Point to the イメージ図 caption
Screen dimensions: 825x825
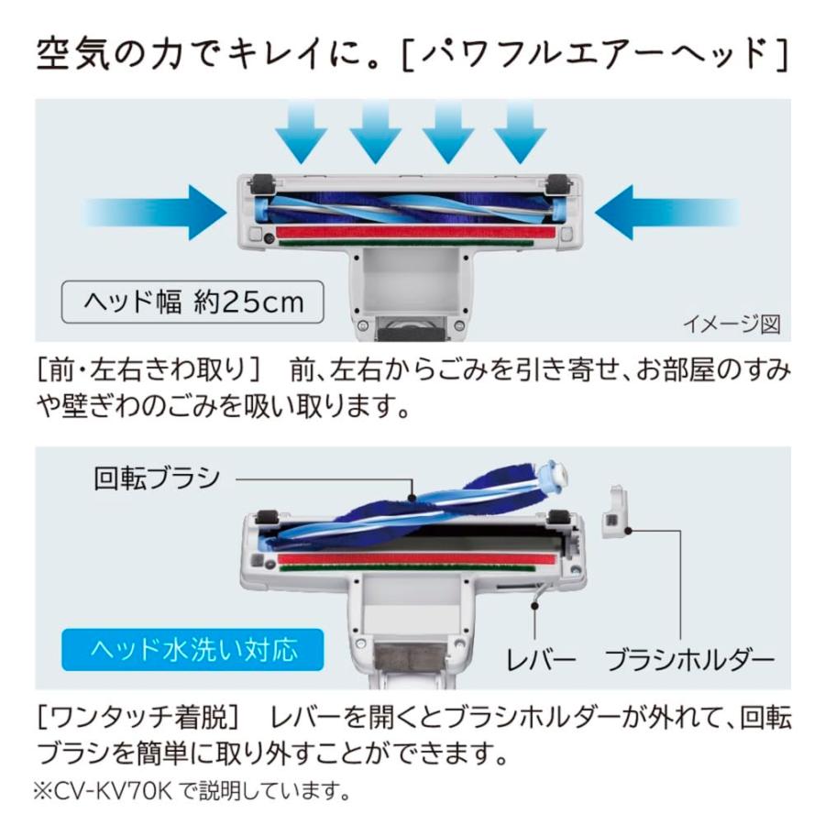click(x=731, y=324)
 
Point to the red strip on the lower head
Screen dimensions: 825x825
click(x=417, y=557)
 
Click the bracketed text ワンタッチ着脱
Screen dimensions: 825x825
click(x=137, y=716)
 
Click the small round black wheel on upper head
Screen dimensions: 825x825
click(x=268, y=238)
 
